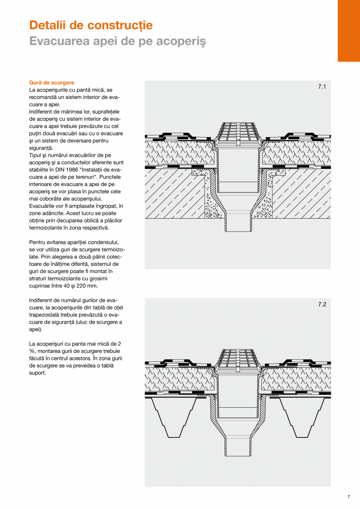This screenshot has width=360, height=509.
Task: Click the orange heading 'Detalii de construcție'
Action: (91, 25)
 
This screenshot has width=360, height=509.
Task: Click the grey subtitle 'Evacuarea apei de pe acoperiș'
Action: (117, 41)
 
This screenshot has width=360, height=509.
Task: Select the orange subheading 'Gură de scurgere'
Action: (52, 83)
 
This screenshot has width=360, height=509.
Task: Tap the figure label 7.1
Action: (322, 87)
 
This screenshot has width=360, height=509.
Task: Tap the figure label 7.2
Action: (322, 304)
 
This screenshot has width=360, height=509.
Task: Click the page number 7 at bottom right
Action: (348, 497)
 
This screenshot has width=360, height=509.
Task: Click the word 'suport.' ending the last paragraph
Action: (38, 373)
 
